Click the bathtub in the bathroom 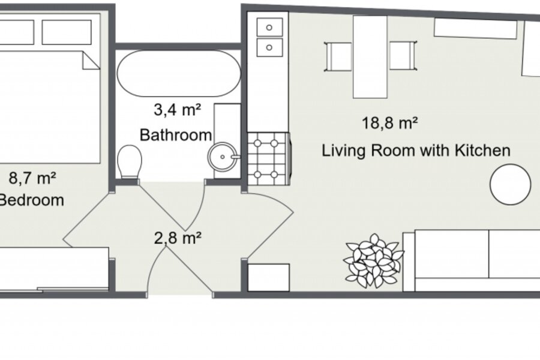coord(179,73)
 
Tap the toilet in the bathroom coord(130,161)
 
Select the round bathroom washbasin coord(223,157)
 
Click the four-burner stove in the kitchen coord(269,159)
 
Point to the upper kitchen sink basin coord(269,27)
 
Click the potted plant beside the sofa coord(374,261)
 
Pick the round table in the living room coord(511,184)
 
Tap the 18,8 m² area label coord(390,123)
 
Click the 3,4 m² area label coord(177,110)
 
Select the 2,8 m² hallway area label coord(178,238)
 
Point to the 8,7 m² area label coord(32,178)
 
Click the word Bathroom coord(176,134)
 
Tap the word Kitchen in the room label coord(482,150)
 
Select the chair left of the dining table coord(338,56)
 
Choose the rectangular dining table coord(370,57)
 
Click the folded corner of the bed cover coord(91,61)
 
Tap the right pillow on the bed coord(67,32)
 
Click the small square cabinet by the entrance coord(269,278)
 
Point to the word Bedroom coord(31,200)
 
